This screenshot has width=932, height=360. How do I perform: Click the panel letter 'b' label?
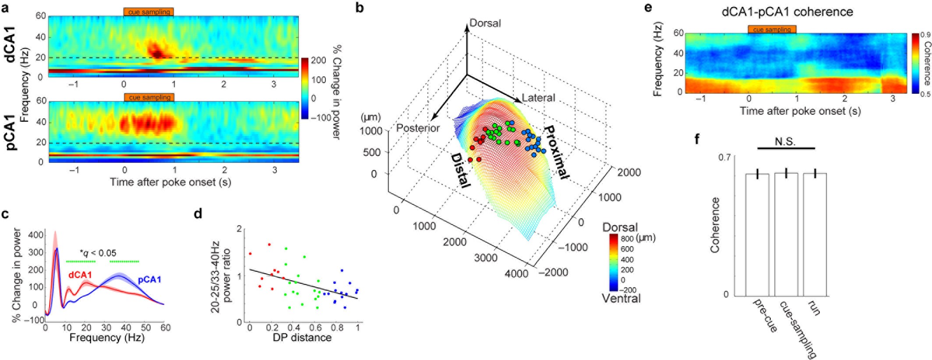pos(360,7)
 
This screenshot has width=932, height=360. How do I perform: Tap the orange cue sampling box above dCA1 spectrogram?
pos(148,12)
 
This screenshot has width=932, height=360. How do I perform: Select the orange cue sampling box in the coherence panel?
pos(772,29)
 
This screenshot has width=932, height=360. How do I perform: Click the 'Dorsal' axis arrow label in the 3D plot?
pos(485,23)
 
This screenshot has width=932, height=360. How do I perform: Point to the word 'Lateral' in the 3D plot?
pos(538,98)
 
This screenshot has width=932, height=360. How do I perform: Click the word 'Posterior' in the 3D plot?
pos(418,128)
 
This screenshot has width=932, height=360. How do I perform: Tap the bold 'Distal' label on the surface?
pos(460,171)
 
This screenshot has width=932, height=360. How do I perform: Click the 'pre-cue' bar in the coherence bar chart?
pos(757,235)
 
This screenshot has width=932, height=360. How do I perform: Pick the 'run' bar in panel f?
pos(815,235)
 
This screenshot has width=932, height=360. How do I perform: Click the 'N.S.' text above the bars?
pos(785,141)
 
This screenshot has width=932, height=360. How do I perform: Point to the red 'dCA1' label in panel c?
pos(80,275)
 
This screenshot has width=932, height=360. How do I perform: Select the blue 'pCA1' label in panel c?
pos(149,279)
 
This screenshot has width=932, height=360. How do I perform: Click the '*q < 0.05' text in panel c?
pos(98,253)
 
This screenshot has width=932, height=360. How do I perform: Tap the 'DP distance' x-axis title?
pos(302,337)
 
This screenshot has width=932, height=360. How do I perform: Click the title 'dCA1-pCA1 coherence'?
pos(787,12)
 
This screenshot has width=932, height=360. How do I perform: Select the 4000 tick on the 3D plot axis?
pos(516,273)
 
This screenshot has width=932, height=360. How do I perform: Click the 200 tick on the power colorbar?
pos(318,60)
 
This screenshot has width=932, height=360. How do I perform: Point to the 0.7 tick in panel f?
pos(724,157)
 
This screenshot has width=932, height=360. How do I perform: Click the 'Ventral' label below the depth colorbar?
pos(621,299)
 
